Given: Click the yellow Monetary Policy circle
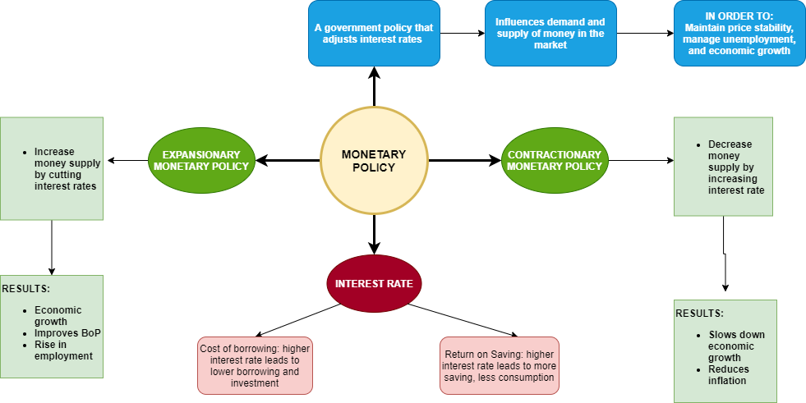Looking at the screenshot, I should coord(374,161).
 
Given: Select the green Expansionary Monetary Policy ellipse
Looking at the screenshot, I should coord(200,161).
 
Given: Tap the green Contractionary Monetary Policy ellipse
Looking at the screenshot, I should coord(555,161).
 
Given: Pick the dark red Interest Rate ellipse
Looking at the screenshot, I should coord(374,284).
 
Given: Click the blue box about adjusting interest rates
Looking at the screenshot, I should coord(374,33).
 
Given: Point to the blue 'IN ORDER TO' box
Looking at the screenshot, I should coord(739,33).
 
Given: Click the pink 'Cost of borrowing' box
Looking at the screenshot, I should coord(256,364).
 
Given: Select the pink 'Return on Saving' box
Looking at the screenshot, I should coord(499,364).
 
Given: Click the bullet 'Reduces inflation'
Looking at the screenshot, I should coord(729,375).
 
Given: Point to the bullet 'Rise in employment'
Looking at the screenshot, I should coord(63,350).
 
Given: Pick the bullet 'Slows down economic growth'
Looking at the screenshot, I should coord(736,346).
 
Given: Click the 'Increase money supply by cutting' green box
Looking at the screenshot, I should coord(52,168).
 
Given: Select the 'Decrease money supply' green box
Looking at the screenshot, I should coord(724,167).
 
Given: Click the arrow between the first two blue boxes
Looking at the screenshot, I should coord(462,33).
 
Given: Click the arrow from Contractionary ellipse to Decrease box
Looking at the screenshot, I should coord(639,161).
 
